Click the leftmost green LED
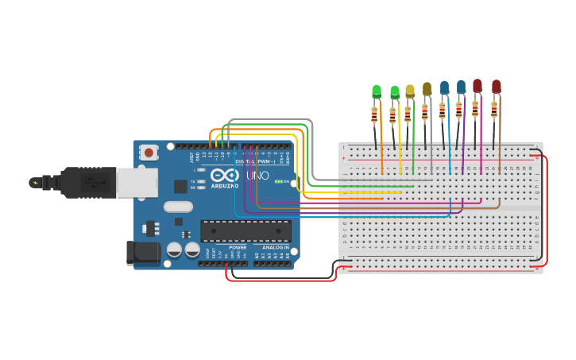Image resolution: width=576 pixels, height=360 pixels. click(x=377, y=92)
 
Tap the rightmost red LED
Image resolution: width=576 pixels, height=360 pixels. click(x=496, y=86)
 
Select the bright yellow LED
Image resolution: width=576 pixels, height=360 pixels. click(x=410, y=91)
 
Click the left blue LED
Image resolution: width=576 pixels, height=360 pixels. click(x=444, y=87)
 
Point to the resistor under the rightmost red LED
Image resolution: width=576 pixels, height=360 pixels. click(x=493, y=110)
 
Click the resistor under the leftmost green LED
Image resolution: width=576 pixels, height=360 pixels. click(x=374, y=116)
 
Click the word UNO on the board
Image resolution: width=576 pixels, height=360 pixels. click(x=257, y=176)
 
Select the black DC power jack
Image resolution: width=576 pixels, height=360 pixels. click(x=141, y=253)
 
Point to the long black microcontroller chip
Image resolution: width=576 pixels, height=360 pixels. click(x=245, y=230)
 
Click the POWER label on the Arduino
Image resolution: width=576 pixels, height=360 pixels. click(x=238, y=247)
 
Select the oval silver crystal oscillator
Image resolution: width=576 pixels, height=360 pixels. click(x=179, y=207)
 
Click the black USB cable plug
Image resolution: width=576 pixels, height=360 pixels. click(x=87, y=182)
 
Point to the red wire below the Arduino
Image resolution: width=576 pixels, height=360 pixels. click(x=278, y=280)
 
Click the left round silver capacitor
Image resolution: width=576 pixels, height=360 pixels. click(x=174, y=250)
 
